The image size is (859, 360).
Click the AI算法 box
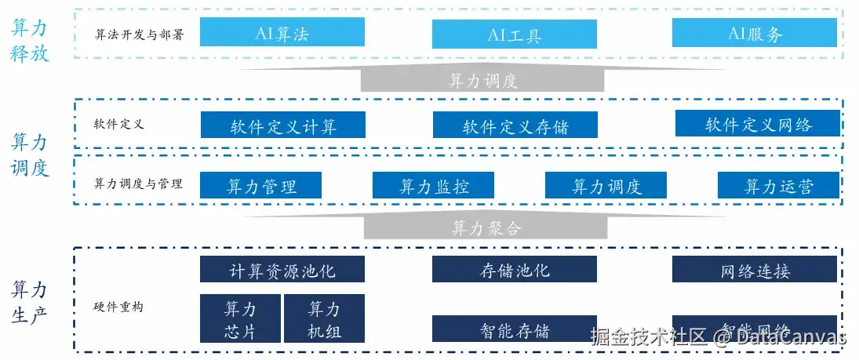[x=282, y=33]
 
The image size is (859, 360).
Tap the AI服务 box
[x=755, y=33]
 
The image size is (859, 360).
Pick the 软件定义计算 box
[x=283, y=125]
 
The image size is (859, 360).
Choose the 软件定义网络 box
[x=758, y=124]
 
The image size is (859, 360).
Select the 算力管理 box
[x=261, y=186]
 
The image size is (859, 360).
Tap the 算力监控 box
[x=433, y=186]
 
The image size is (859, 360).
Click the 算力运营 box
[x=778, y=186]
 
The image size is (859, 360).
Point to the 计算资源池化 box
[x=282, y=271]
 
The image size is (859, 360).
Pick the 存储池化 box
[x=514, y=271]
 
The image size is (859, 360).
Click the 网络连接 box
[x=755, y=271]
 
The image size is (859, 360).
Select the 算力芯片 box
[x=240, y=318]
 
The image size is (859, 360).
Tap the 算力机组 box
[x=324, y=318]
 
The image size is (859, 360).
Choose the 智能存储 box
[x=514, y=329]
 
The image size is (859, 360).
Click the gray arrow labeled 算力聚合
[x=485, y=227]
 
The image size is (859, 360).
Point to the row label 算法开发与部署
[x=139, y=35]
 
